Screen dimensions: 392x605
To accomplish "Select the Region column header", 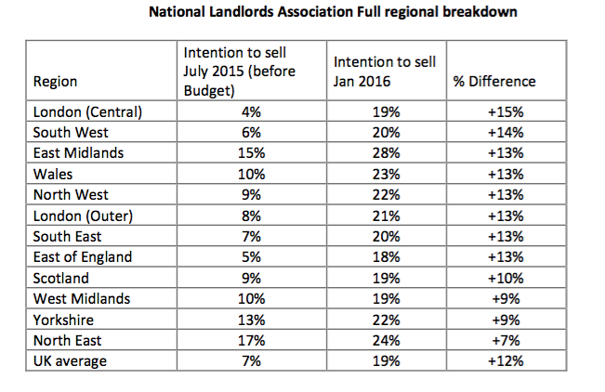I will [56, 82].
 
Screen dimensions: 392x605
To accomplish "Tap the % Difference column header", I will [493, 82].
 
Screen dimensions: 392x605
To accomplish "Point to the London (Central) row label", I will [80, 112].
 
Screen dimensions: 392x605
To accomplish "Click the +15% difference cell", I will [505, 112].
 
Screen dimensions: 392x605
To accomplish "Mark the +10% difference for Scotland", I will [505, 277].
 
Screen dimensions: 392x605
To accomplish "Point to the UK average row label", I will [68, 359].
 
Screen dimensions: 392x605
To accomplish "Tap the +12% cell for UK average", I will [505, 359].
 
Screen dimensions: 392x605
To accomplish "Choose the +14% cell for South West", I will [505, 133].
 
